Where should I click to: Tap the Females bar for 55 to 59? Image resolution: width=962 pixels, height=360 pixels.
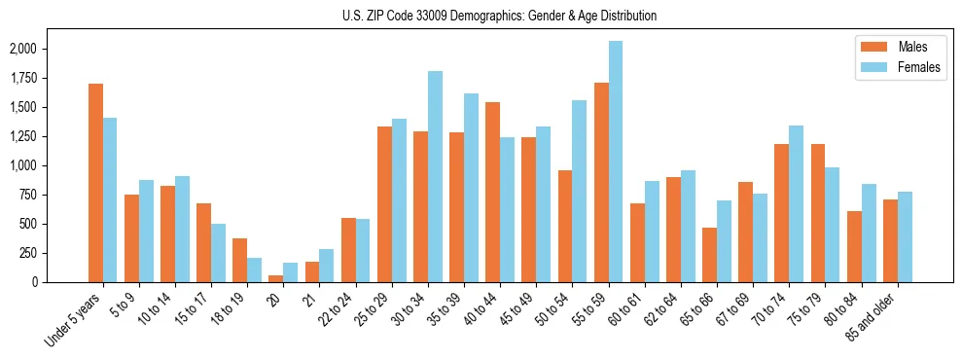[616, 162]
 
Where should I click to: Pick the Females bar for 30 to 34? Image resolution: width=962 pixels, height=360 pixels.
[435, 176]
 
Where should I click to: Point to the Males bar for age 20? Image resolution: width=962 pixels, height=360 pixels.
[275, 278]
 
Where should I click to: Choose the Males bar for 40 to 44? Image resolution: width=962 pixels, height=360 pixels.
[492, 192]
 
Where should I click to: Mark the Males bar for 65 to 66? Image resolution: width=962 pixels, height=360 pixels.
[709, 255]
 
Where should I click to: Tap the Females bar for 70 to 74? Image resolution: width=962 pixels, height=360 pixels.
[797, 203]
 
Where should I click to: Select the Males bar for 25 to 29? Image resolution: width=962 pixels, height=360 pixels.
[384, 204]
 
